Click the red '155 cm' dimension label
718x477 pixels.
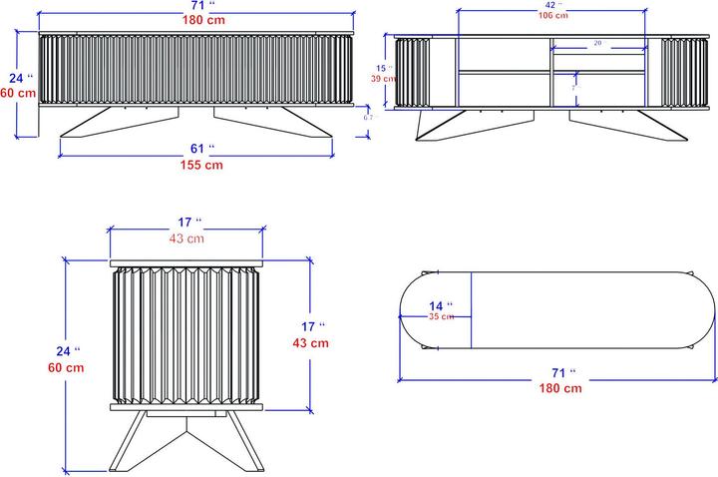pyautogui.click(x=200, y=166)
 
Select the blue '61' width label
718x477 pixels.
pyautogui.click(x=200, y=149)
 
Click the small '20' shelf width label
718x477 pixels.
pyautogui.click(x=596, y=44)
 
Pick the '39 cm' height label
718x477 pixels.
pyautogui.click(x=381, y=78)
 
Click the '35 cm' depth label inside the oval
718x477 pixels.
pyautogui.click(x=442, y=316)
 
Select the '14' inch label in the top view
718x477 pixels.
pyautogui.click(x=441, y=304)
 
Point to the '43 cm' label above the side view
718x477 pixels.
pyautogui.click(x=186, y=238)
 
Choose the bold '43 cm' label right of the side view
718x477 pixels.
pyautogui.click(x=310, y=342)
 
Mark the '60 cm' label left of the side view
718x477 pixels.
pyautogui.click(x=65, y=367)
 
